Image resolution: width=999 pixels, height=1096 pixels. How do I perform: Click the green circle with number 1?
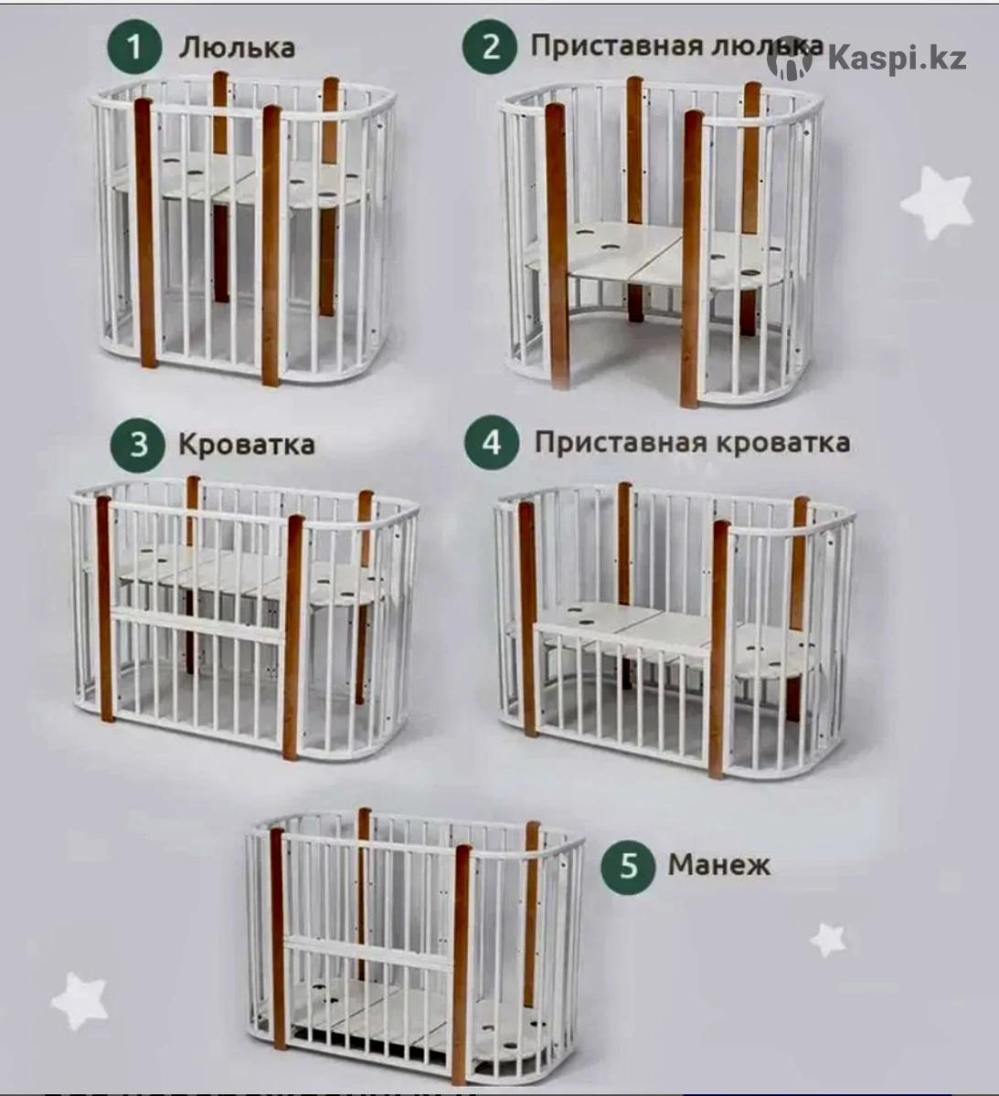pos(134,47)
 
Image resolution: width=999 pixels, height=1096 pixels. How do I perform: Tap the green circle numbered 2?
pos(490,47)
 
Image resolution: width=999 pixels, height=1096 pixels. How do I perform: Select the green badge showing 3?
pos(138,444)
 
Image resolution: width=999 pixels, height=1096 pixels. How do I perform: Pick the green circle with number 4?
pos(492,443)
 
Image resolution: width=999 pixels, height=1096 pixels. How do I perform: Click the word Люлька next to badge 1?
pos(238,48)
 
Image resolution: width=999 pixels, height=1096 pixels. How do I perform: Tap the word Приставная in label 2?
pos(617,47)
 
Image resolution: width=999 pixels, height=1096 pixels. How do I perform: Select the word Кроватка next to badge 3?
pos(247,445)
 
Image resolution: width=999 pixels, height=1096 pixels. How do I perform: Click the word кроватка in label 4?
pos(782,443)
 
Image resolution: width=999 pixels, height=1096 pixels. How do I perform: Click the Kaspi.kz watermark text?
pos(897,58)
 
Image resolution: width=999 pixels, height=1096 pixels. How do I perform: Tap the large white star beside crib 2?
pos(937,203)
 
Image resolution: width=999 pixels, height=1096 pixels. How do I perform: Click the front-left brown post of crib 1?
pos(145,233)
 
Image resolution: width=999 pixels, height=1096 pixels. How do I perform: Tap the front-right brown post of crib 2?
pos(694,258)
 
